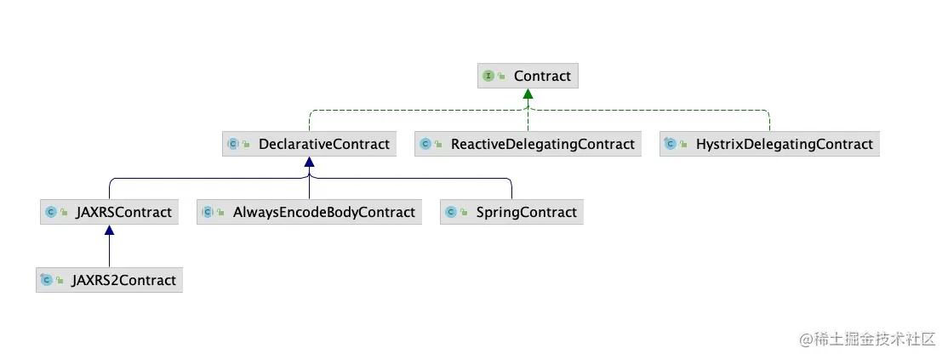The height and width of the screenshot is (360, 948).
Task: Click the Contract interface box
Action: [x=528, y=76]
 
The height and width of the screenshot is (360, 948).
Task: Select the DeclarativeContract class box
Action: [x=309, y=144]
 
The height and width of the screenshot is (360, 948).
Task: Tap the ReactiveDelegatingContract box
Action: [x=528, y=144]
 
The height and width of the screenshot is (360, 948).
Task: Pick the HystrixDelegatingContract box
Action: [x=769, y=144]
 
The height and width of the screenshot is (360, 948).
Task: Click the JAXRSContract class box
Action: [x=109, y=212]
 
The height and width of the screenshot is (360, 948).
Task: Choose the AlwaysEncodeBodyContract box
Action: [x=309, y=212]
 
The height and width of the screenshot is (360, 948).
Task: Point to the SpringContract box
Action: [x=511, y=212]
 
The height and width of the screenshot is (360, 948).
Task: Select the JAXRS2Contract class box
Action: [x=109, y=280]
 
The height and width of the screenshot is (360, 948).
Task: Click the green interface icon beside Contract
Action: [x=488, y=76]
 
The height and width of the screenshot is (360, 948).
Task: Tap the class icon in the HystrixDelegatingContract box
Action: [x=670, y=144]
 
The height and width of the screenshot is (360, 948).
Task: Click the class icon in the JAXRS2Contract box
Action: [x=47, y=280]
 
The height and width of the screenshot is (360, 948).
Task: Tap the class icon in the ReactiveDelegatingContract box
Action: [x=425, y=144]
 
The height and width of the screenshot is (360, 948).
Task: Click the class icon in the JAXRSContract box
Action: [x=50, y=212]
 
